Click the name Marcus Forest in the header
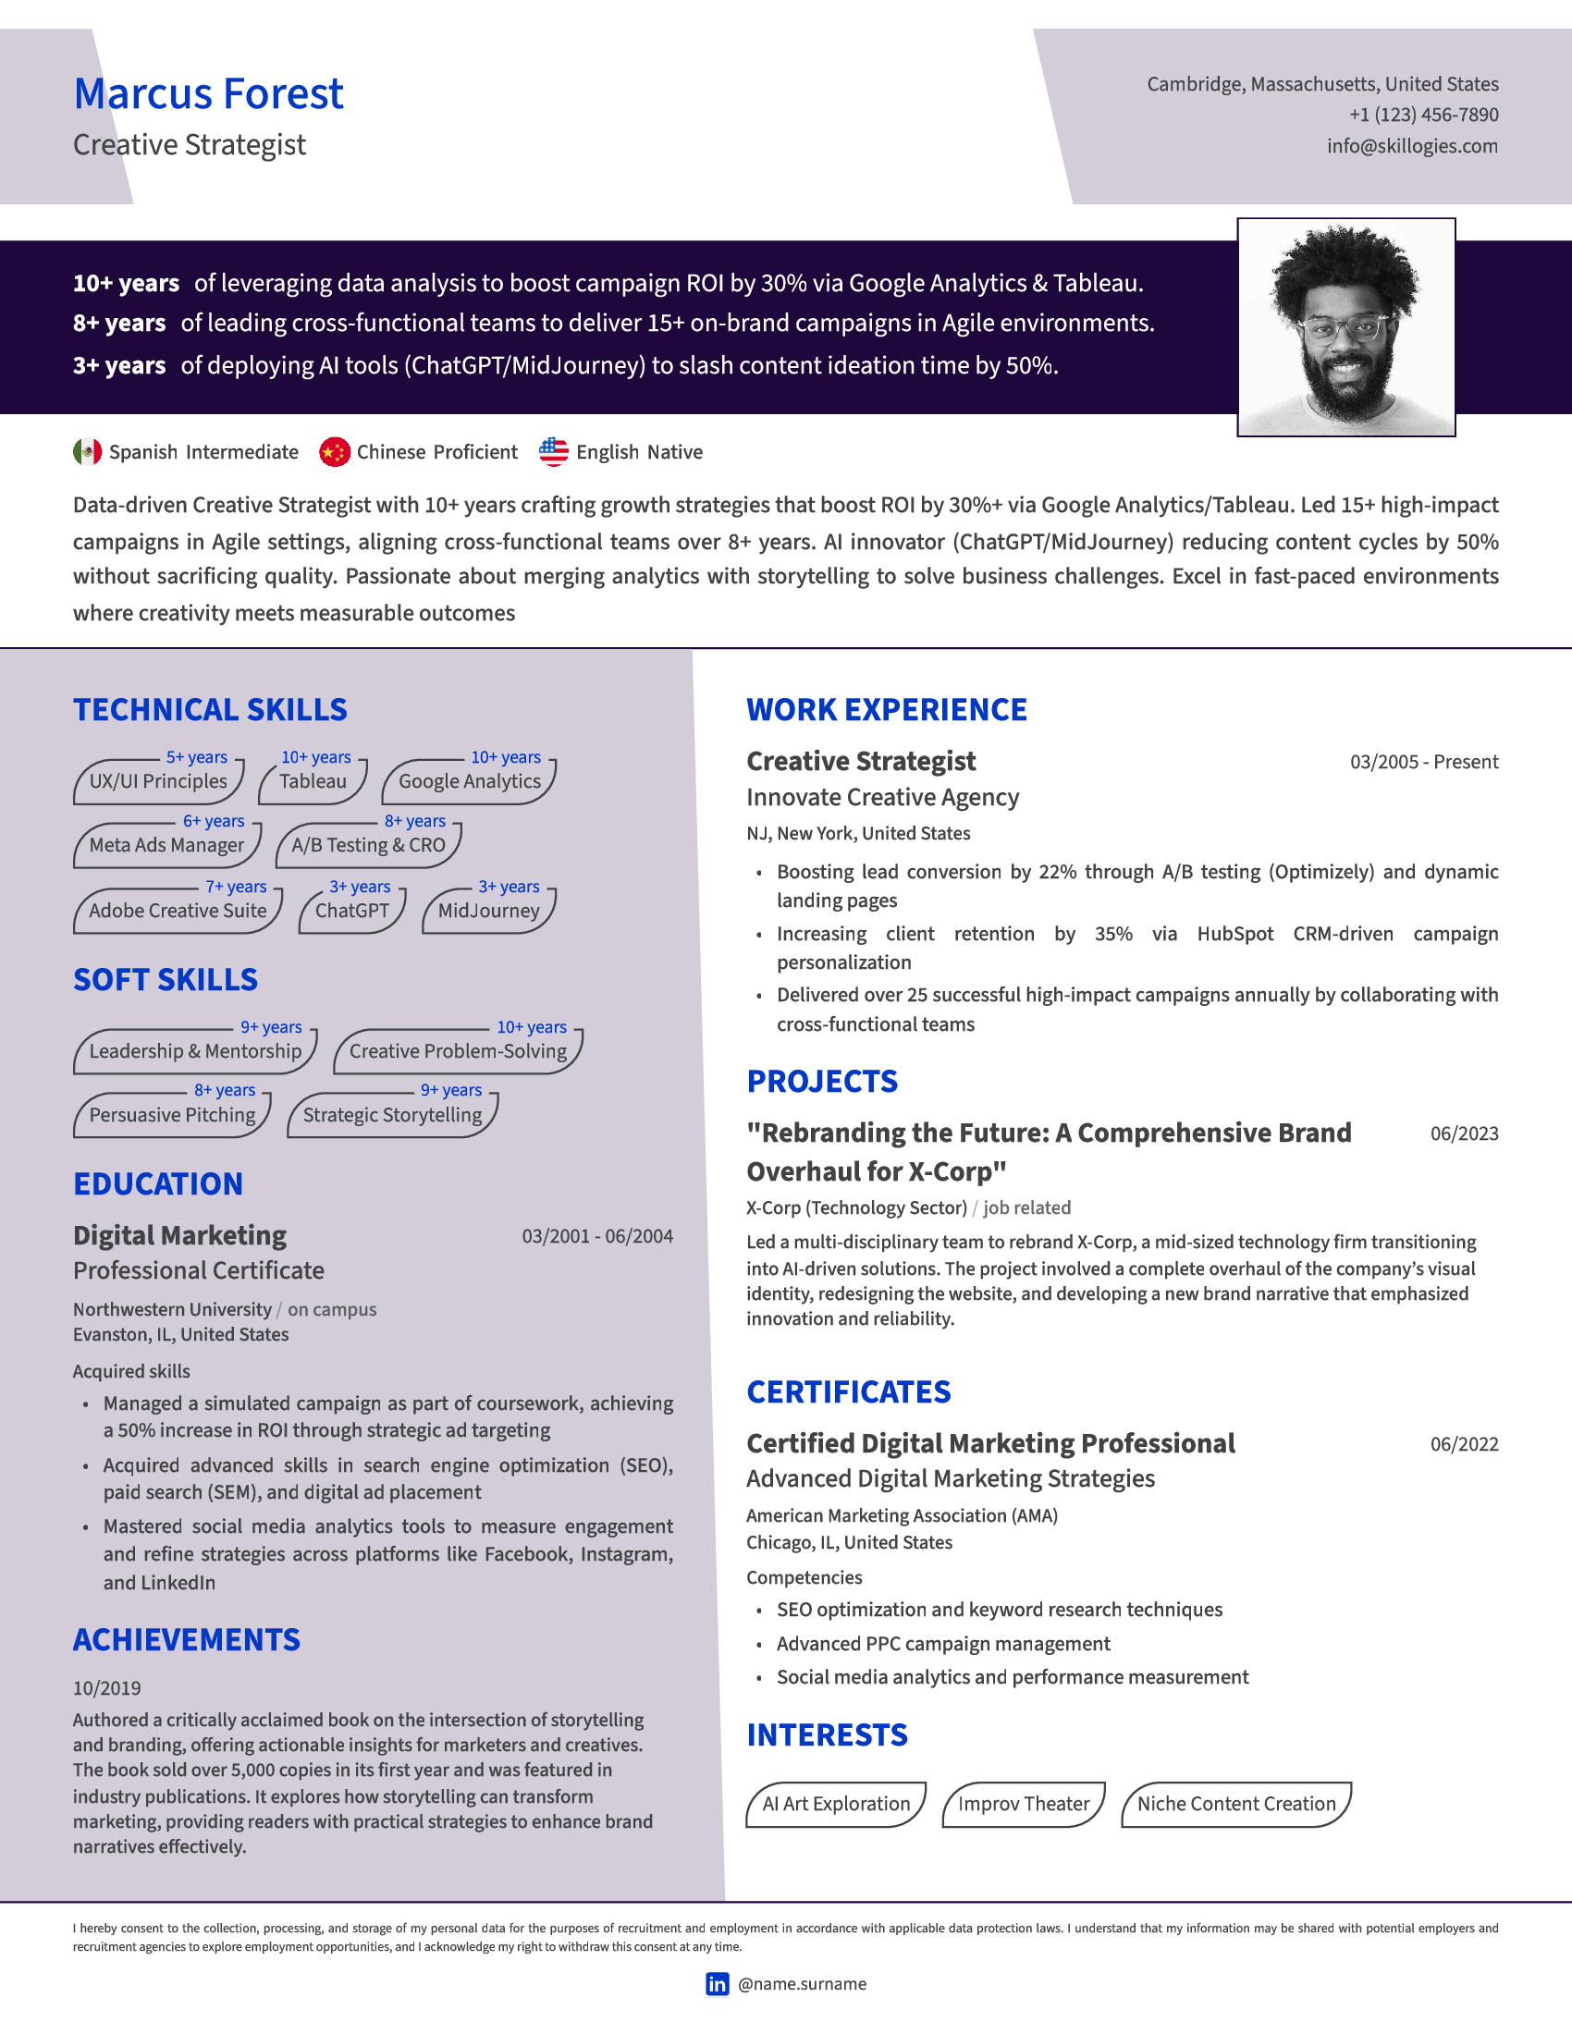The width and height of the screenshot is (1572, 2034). [209, 94]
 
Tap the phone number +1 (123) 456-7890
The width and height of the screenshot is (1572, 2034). [1423, 115]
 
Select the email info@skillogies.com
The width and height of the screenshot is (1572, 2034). [1412, 146]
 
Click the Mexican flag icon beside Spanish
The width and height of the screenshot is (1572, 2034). [88, 452]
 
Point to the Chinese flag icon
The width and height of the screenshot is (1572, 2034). [335, 452]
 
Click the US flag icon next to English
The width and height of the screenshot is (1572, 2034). [553, 452]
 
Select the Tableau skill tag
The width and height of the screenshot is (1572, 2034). [313, 781]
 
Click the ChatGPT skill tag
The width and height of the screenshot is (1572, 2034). [352, 911]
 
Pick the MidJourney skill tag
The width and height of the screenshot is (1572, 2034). [489, 911]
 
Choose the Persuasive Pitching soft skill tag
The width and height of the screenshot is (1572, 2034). [172, 1115]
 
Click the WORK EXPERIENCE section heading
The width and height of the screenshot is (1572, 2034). [886, 710]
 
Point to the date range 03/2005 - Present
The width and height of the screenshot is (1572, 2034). [1423, 762]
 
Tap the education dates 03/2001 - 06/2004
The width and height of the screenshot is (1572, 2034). [597, 1236]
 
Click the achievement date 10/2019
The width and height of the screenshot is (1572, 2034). [107, 1687]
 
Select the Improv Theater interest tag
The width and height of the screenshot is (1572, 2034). [1024, 1804]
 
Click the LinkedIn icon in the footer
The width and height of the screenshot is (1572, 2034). [717, 1984]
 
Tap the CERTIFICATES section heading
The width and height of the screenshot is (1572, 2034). [848, 1391]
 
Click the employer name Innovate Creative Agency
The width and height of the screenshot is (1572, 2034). [882, 797]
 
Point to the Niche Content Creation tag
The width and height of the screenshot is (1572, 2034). [1235, 1804]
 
